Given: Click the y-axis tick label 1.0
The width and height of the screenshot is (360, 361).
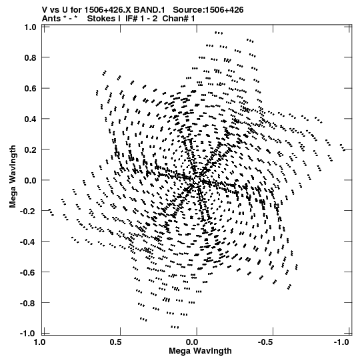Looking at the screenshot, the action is (31, 27).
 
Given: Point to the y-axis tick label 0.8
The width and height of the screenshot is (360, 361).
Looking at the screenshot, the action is (31, 58).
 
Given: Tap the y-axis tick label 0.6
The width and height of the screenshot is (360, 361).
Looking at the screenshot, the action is (31, 88).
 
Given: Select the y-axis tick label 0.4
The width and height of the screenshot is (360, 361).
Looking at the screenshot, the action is (31, 119).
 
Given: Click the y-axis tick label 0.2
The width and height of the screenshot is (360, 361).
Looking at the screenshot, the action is (31, 149).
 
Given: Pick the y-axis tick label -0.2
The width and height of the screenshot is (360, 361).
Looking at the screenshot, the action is (28, 211).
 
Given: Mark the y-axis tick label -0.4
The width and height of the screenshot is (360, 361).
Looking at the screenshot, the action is (28, 242).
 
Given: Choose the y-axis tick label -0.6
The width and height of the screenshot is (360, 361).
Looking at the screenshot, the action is (28, 272).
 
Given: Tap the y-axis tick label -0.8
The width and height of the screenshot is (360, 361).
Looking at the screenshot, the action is (28, 303).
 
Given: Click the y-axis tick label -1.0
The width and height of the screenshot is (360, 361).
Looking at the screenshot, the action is (28, 334).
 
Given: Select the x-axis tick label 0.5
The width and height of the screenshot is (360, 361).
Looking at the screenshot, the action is (116, 342).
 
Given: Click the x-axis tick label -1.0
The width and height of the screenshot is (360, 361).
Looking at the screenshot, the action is (341, 342).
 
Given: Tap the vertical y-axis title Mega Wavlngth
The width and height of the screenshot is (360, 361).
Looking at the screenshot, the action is (13, 177).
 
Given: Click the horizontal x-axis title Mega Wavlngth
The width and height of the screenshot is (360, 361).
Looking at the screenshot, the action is (200, 351).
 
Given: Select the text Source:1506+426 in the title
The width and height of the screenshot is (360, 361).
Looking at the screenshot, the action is (208, 10).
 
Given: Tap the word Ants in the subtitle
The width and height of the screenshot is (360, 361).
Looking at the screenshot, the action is (51, 19).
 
